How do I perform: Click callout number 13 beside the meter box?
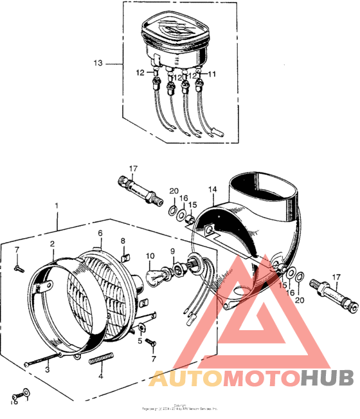pyautogui.click(x=98, y=64)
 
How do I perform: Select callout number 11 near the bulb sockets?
pyautogui.click(x=213, y=74)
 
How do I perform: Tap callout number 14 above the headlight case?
pyautogui.click(x=213, y=190)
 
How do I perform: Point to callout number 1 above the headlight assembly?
pyautogui.click(x=57, y=206)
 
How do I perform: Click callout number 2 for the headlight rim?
pyautogui.click(x=53, y=245)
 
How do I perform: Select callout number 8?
pyautogui.click(x=123, y=241)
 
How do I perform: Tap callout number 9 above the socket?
pyautogui.click(x=172, y=250)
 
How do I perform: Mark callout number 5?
pyautogui.click(x=139, y=340)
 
